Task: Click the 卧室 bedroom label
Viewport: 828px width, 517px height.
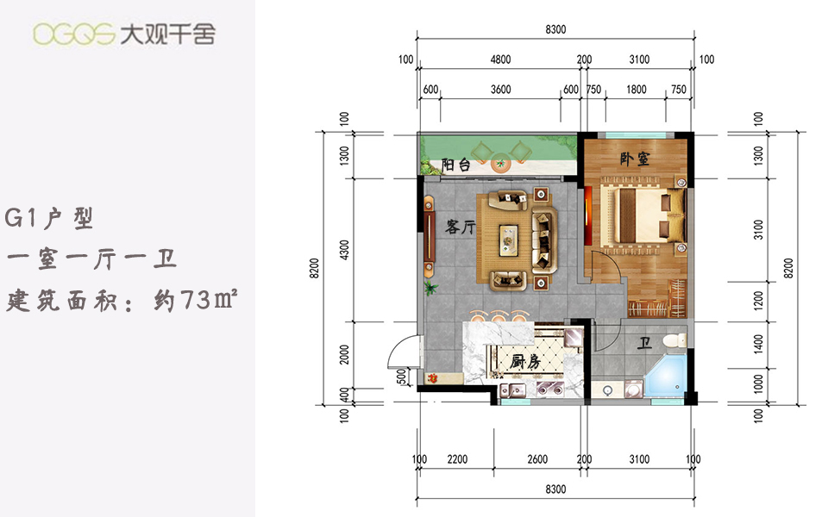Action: pos(634,159)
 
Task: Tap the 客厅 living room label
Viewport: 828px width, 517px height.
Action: pos(461,227)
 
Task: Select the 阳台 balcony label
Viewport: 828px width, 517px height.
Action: pos(455,165)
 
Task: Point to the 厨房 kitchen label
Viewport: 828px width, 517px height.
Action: pos(525,361)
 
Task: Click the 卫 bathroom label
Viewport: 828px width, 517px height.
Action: pos(643,344)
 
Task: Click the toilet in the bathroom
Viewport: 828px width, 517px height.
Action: pos(674,340)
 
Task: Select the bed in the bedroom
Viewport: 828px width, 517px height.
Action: pos(642,215)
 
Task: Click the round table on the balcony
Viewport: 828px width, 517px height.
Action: pos(499,164)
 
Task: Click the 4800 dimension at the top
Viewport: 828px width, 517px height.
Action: pos(500,59)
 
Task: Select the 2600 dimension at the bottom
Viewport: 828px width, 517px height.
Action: pos(537,459)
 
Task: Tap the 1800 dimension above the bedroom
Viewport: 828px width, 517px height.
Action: pos(637,90)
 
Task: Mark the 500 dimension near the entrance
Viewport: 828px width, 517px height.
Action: pos(401,377)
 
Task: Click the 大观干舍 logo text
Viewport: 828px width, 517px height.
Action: pos(168,34)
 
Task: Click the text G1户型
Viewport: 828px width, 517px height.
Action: pos(49,218)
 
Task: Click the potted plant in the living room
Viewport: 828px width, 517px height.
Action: pos(430,287)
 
